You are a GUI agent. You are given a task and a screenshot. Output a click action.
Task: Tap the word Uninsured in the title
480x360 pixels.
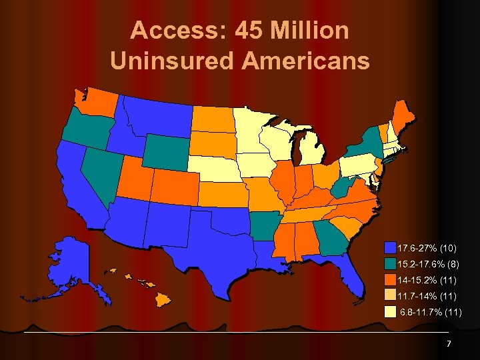tap(169, 61)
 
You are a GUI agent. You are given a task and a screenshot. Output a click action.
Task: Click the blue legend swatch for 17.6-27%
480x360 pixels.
tap(391, 248)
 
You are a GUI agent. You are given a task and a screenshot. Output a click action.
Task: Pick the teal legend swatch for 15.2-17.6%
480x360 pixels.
tap(391, 264)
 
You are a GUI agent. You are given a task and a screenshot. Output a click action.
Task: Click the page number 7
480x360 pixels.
tap(449, 343)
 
